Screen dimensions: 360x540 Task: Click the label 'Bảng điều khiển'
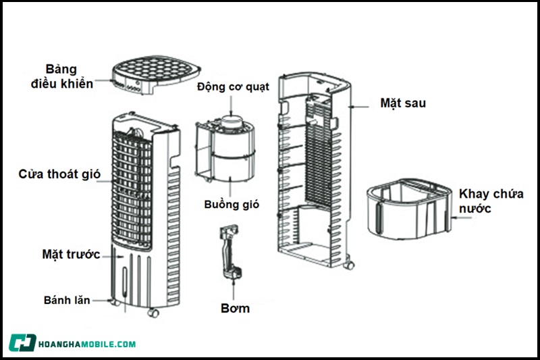pyautogui.click(x=61, y=77)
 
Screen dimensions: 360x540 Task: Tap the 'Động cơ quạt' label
pyautogui.click(x=233, y=87)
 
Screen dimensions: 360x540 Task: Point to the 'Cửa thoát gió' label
pyautogui.click(x=59, y=174)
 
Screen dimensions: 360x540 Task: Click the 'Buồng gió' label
pyautogui.click(x=232, y=204)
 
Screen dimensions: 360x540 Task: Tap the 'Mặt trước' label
pyautogui.click(x=71, y=255)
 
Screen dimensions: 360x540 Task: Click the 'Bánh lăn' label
pyautogui.click(x=67, y=299)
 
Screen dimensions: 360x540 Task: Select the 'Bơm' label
pyautogui.click(x=236, y=309)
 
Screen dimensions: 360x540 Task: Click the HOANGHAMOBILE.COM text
pyautogui.click(x=88, y=344)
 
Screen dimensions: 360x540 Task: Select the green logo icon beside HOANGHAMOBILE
pyautogui.click(x=23, y=343)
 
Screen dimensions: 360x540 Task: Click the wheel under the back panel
pyautogui.click(x=348, y=264)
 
